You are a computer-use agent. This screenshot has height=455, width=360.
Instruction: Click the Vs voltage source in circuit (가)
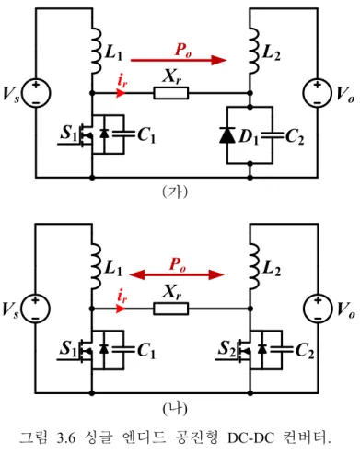point(36,93)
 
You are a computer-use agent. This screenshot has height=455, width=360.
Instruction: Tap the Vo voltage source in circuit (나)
point(318,309)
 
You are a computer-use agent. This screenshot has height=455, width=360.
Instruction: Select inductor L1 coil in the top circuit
point(97,51)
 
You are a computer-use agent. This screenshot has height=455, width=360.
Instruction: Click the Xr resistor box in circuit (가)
point(171,93)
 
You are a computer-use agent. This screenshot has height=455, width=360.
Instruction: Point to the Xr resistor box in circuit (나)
point(171,309)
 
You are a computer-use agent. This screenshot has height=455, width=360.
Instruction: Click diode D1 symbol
point(227,135)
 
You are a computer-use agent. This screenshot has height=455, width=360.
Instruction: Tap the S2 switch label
point(227,348)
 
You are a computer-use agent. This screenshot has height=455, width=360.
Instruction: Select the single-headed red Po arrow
point(179,60)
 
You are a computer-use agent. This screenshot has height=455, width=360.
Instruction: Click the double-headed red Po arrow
point(177,274)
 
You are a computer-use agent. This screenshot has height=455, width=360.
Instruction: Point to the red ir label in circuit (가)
point(122,81)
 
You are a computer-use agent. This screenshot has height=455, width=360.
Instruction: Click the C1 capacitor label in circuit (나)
point(146,350)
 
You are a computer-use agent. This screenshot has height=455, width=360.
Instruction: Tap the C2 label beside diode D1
point(295,136)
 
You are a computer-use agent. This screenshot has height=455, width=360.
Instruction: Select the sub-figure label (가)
point(175,192)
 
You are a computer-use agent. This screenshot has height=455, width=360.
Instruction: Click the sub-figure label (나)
point(175,409)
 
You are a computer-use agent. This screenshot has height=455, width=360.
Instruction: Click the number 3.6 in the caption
point(66,437)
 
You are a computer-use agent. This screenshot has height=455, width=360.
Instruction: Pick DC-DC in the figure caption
point(250,438)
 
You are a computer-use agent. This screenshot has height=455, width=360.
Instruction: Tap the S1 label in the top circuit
point(69,134)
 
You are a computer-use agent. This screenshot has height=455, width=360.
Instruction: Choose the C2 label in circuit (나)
point(305,351)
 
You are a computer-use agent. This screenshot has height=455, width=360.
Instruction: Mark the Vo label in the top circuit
point(345,94)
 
